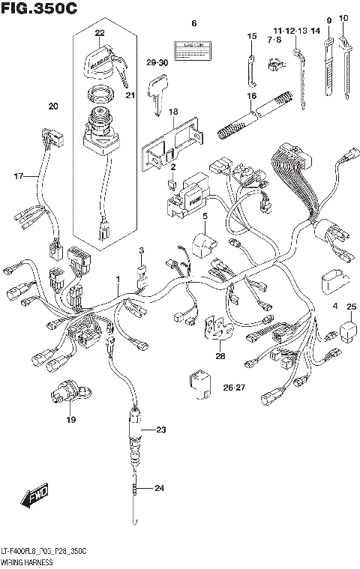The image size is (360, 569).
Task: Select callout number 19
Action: pos(71,420)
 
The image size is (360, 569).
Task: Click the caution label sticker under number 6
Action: pos(190,50)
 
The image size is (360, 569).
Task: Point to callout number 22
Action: pos(99,33)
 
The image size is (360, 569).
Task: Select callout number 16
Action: pos(251,94)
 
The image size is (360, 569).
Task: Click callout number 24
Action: pos(158,490)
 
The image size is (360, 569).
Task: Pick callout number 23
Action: pos(159,430)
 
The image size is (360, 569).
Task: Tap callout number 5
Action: pos(203,216)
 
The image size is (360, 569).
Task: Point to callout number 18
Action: pos(173,112)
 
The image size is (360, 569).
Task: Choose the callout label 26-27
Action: pos(235,387)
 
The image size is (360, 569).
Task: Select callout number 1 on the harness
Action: pos(117,279)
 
